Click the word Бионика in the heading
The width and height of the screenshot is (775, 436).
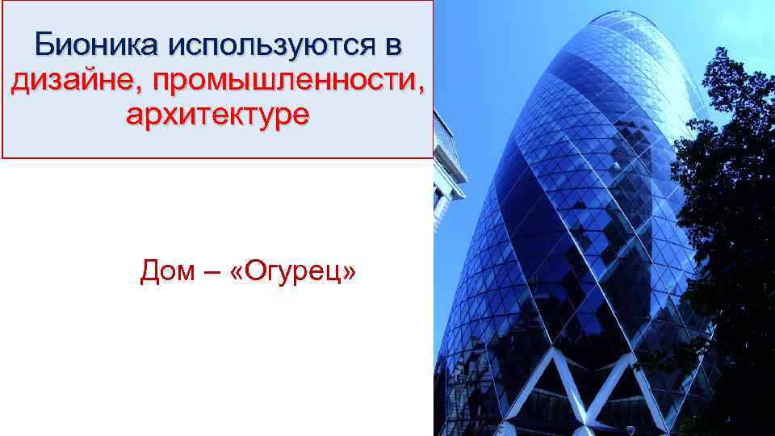[98, 45]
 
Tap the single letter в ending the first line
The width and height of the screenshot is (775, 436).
[392, 45]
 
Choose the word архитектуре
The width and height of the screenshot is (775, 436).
[217, 115]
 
